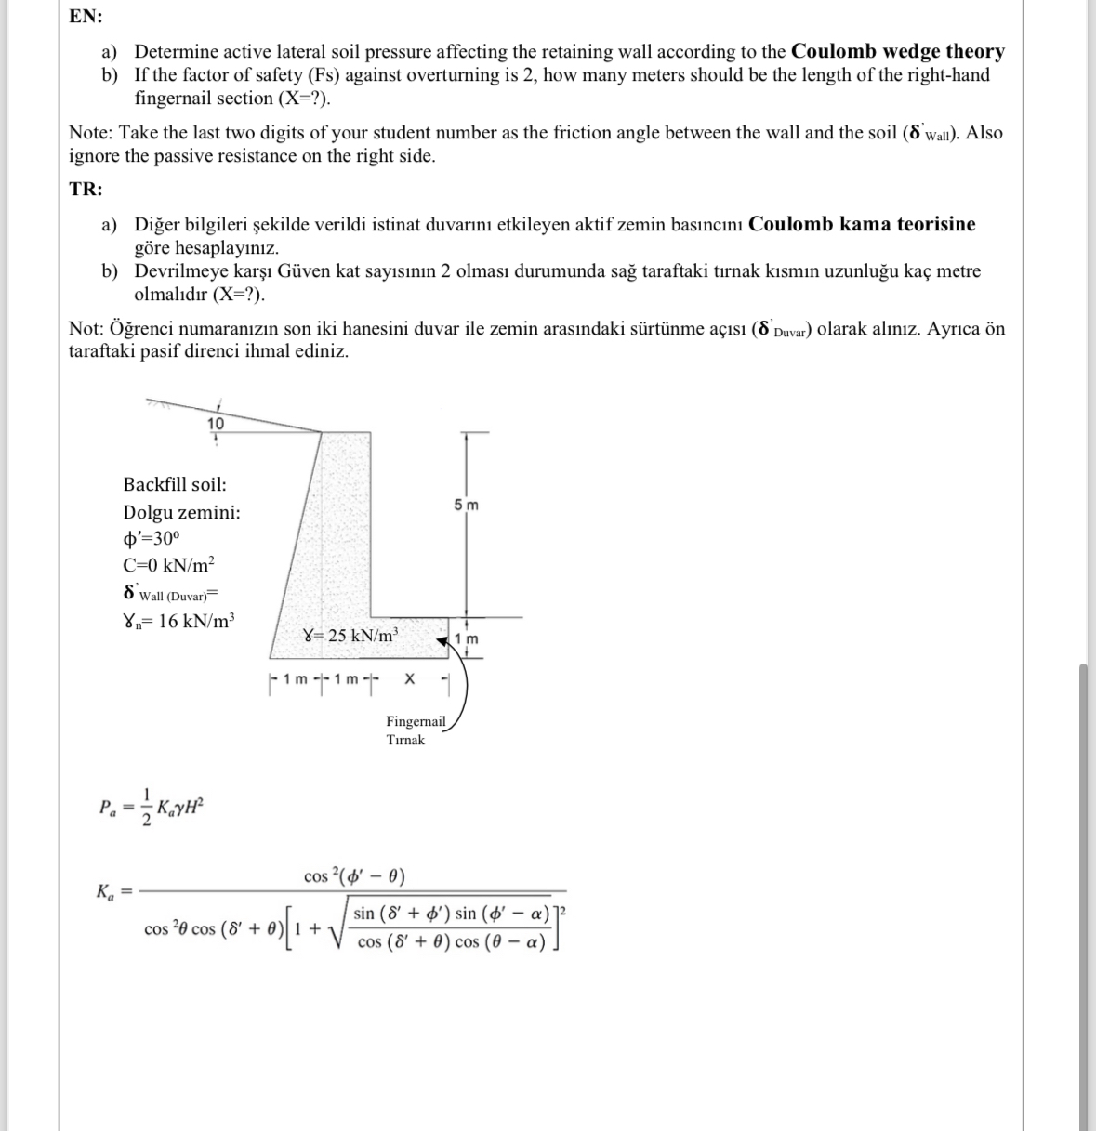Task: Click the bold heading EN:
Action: pos(86,17)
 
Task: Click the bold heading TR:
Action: pos(86,190)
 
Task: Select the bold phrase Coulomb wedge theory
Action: pos(897,52)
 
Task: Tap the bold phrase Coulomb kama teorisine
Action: pos(862,225)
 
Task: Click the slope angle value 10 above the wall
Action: pos(215,424)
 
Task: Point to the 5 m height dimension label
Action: pos(467,506)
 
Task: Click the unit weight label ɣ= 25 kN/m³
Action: pos(351,637)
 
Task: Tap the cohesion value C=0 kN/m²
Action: pos(168,565)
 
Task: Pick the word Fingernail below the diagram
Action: pos(416,721)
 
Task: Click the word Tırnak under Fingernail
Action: pos(405,740)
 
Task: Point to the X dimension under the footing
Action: pos(409,680)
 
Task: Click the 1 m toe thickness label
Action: pos(467,639)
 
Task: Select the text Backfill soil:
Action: pos(175,484)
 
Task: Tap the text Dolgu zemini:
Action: pos(181,512)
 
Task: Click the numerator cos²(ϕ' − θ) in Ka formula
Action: pos(354,876)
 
